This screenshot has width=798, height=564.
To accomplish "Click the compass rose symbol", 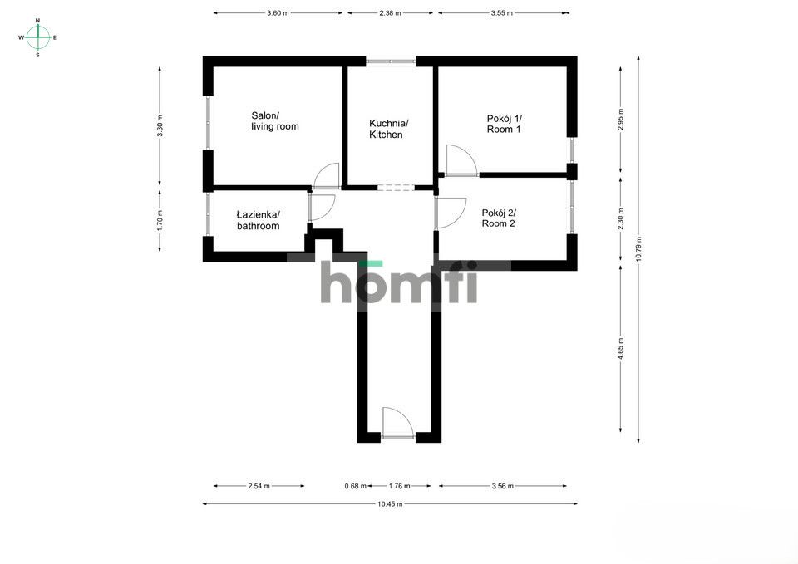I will pyautogui.click(x=38, y=37).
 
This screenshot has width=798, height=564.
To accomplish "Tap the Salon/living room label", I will pyautogui.click(x=274, y=121).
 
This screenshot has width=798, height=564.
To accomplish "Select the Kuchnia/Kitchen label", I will pyautogui.click(x=387, y=129).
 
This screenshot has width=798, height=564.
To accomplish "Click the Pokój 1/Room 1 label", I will pyautogui.click(x=504, y=124).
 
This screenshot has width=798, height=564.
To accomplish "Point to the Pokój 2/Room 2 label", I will pyautogui.click(x=499, y=218).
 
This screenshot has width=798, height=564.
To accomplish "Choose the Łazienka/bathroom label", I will pyautogui.click(x=258, y=220).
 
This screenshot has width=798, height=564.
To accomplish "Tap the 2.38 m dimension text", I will pyautogui.click(x=390, y=13).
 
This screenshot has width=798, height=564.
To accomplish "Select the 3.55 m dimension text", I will pyautogui.click(x=502, y=13).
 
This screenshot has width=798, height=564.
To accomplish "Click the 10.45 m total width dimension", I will pyautogui.click(x=390, y=503).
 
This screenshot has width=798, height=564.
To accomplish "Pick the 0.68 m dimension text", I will pyautogui.click(x=356, y=486).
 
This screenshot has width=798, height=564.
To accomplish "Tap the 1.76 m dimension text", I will pyautogui.click(x=399, y=486).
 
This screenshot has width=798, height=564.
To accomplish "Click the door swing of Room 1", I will pyautogui.click(x=460, y=160).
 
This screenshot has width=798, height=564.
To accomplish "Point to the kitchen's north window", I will pyautogui.click(x=392, y=61).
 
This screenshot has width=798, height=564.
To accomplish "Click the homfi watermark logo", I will pyautogui.click(x=399, y=284).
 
